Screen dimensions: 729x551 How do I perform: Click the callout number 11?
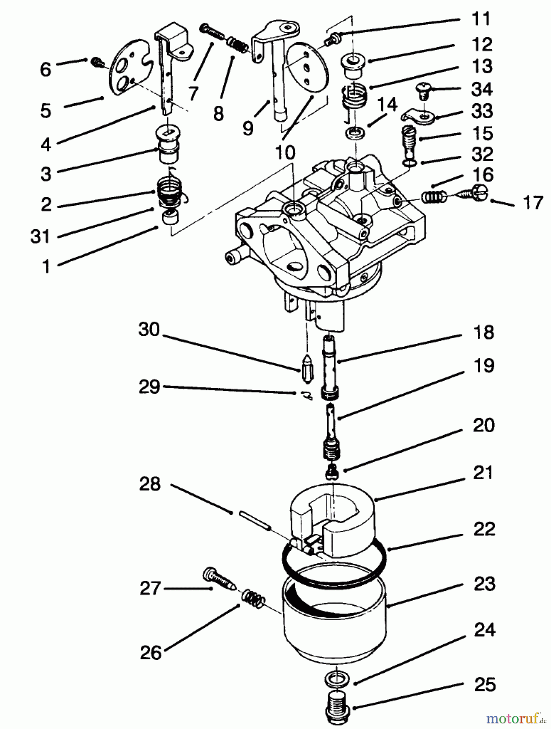tap(481, 19)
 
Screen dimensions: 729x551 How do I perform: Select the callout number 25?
tap(484, 684)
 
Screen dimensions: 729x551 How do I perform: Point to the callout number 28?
tap(150, 484)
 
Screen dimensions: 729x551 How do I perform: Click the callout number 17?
tap(532, 202)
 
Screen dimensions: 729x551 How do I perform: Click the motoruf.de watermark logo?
tap(516, 719)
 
